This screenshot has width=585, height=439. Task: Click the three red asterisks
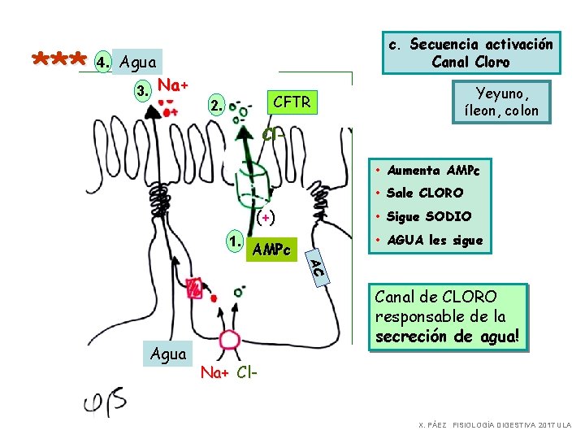click(x=59, y=60)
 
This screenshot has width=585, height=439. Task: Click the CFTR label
click(x=292, y=102)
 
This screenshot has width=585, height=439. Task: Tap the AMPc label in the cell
click(x=271, y=250)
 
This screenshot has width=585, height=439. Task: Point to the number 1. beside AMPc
click(x=235, y=241)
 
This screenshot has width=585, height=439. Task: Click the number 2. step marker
click(x=214, y=106)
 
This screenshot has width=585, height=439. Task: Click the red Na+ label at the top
click(x=173, y=85)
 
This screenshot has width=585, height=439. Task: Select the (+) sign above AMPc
click(x=265, y=217)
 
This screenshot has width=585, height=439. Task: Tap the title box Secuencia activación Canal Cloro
click(x=470, y=53)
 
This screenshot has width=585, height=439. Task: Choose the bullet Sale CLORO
click(x=425, y=193)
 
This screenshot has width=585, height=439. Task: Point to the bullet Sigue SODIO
click(x=429, y=216)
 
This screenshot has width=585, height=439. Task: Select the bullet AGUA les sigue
click(x=435, y=240)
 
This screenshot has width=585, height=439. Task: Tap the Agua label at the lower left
click(x=168, y=354)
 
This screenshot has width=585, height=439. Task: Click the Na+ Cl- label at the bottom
click(x=229, y=373)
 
